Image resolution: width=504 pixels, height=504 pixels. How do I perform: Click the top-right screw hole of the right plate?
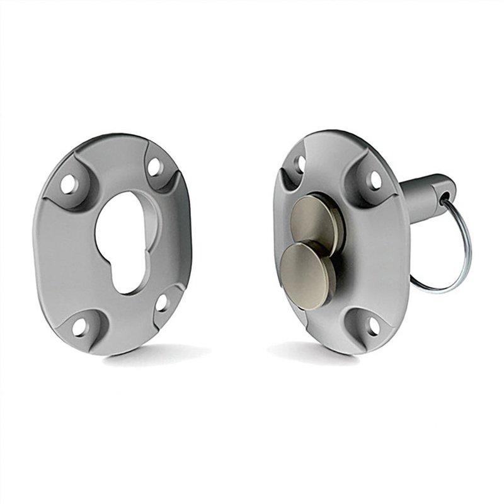[374, 181]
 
